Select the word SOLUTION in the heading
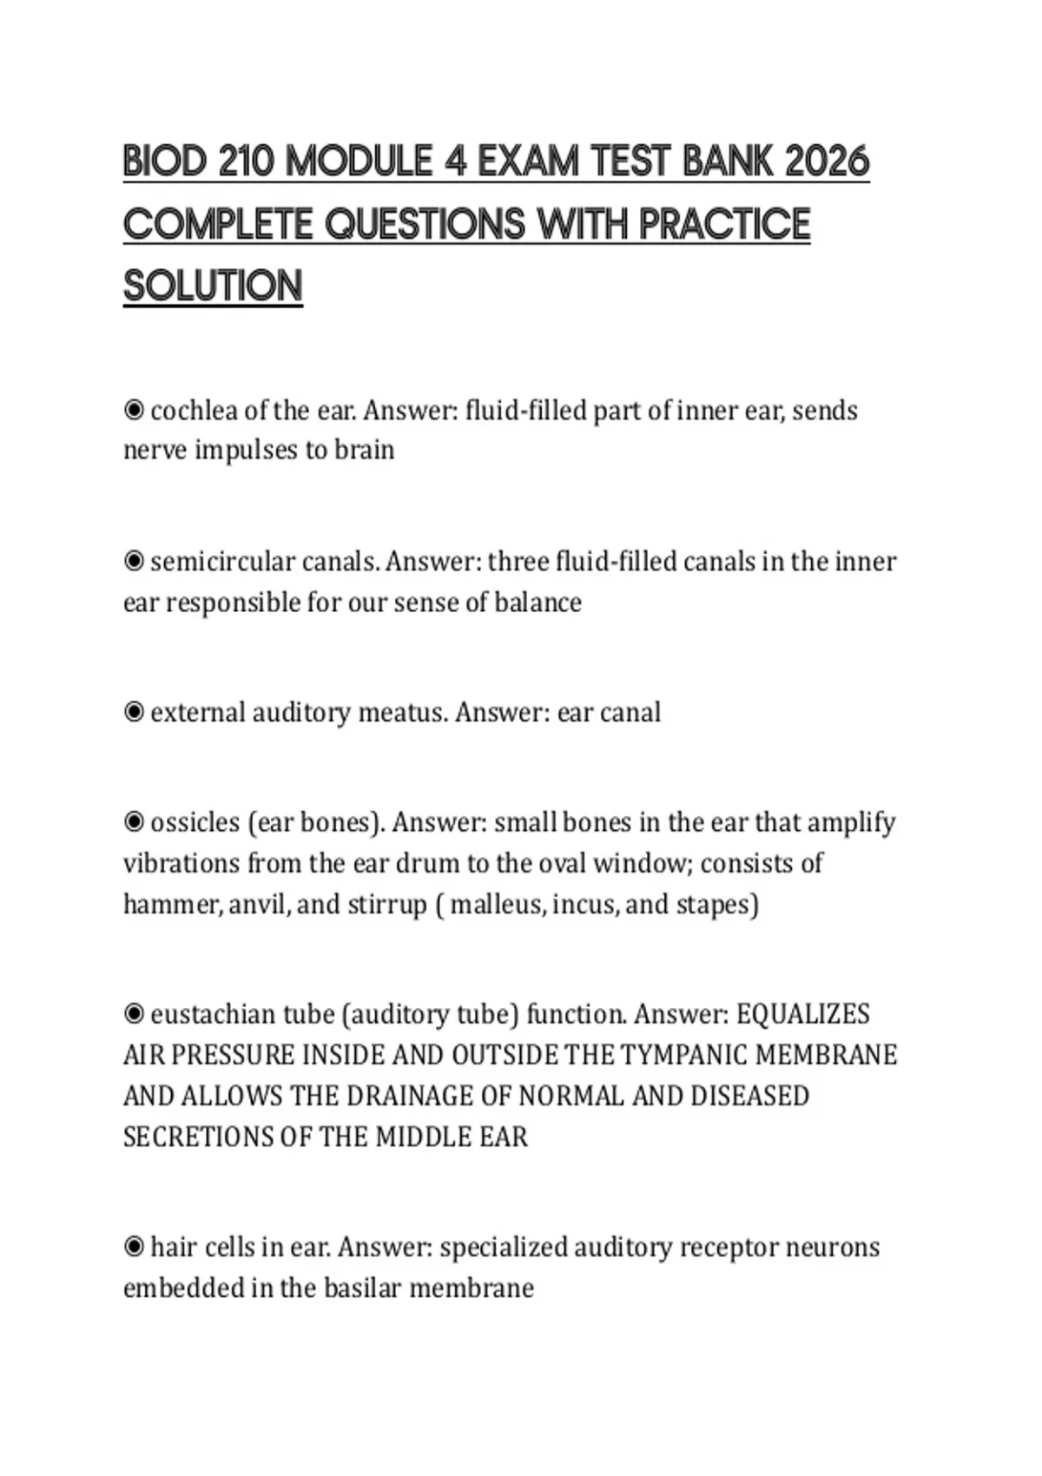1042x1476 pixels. pos(213,287)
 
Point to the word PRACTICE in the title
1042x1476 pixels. pos(725,224)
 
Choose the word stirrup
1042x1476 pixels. pos(387,905)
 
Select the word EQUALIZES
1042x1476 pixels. pos(803,1014)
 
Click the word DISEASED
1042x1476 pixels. pos(749,1096)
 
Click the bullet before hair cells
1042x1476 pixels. pos(134,1248)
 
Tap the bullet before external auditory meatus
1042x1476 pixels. pos(134,713)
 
